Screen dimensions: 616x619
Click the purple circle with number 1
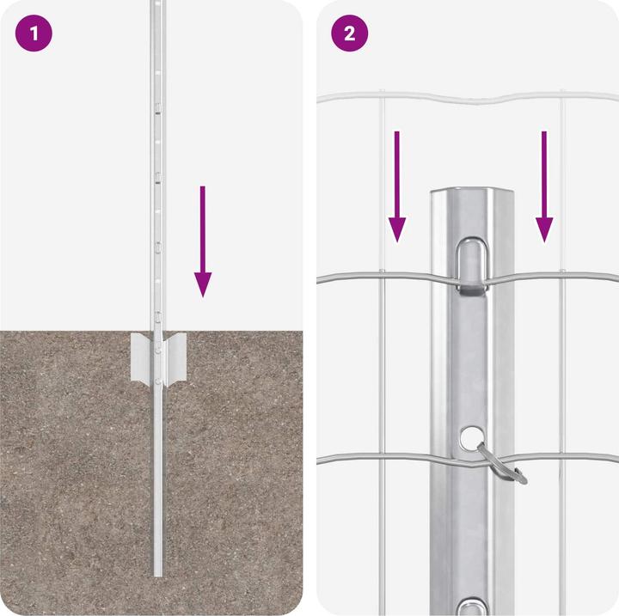coord(34,34)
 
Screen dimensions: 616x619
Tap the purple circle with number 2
coord(350,34)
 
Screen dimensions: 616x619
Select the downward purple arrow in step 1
coord(202,241)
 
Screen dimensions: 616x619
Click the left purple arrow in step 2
coord(396,185)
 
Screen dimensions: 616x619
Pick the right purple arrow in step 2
coord(544,185)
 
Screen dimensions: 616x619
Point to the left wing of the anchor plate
coord(142,357)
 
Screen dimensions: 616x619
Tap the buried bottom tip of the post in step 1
coord(158,571)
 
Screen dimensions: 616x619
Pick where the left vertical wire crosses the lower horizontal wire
coord(382,456)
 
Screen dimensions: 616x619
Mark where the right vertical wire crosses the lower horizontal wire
coord(561,456)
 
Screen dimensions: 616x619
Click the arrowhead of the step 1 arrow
coord(202,284)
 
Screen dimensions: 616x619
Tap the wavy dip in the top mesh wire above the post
coord(471,100)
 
